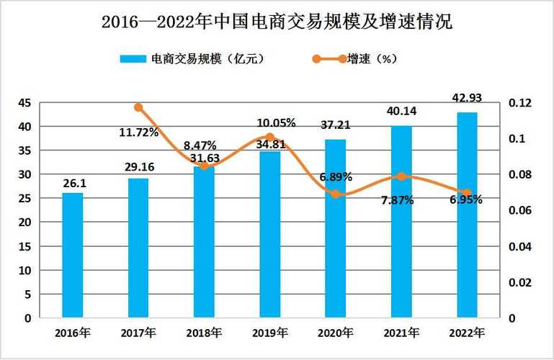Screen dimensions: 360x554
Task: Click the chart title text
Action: pyautogui.click(x=277, y=22)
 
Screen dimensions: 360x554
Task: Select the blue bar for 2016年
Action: pyautogui.click(x=72, y=255)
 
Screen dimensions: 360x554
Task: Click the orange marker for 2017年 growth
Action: pyautogui.click(x=138, y=108)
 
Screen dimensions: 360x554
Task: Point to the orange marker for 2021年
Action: pyautogui.click(x=401, y=176)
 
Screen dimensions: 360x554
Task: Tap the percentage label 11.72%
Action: pyautogui.click(x=138, y=132)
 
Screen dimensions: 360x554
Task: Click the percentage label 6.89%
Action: pyautogui.click(x=335, y=176)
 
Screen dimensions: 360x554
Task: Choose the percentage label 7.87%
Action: pyautogui.click(x=397, y=200)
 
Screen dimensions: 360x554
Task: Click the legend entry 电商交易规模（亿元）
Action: pyautogui.click(x=196, y=59)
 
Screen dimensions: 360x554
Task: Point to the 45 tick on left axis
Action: pyautogui.click(x=24, y=103)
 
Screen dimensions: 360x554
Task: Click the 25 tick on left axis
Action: pyautogui.click(x=24, y=199)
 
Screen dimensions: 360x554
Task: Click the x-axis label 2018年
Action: pyautogui.click(x=204, y=333)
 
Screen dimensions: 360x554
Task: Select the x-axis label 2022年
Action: pyautogui.click(x=467, y=333)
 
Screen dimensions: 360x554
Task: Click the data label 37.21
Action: pyautogui.click(x=335, y=125)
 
